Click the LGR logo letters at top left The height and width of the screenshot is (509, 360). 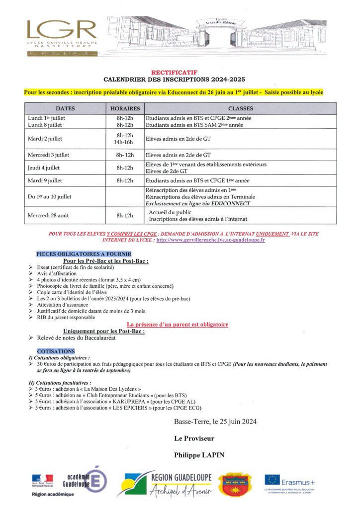(55, 30)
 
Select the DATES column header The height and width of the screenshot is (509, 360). (66, 108)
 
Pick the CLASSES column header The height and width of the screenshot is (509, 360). (240, 108)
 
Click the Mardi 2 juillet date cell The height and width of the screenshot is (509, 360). (45, 139)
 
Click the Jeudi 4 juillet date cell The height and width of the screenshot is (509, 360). (45, 168)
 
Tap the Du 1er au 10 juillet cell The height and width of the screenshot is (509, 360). (50, 197)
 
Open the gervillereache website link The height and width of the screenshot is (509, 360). (210, 240)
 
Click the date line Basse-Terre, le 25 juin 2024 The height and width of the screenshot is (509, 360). (215, 422)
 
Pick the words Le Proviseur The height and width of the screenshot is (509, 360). (194, 438)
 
